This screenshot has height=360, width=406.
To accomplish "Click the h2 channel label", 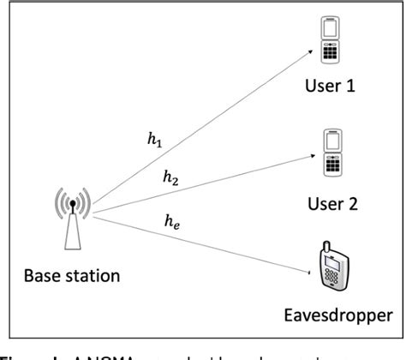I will click(x=171, y=177).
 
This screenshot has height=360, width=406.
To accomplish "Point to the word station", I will click(x=97, y=276).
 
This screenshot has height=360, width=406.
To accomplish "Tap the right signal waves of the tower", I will click(x=86, y=205).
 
